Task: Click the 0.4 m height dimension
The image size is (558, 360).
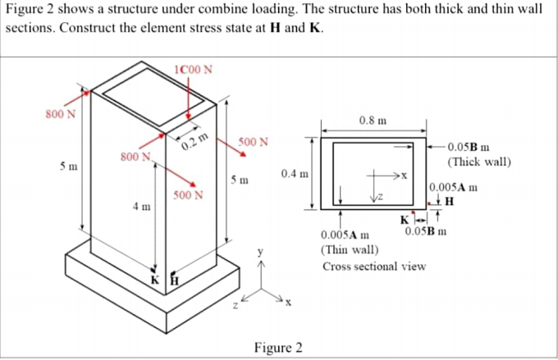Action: tap(294, 174)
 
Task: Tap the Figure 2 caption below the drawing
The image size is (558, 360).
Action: tap(278, 347)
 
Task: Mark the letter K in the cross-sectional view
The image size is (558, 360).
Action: tap(403, 219)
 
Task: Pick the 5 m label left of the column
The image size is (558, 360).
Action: tap(69, 167)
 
